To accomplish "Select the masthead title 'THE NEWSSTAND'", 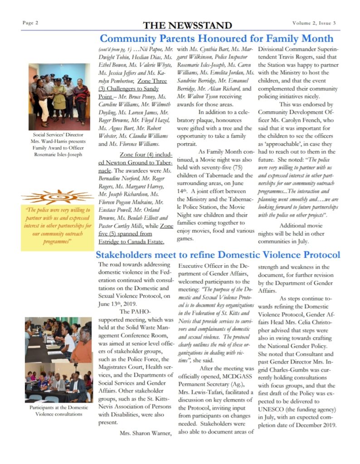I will pyautogui.click(x=187, y=25).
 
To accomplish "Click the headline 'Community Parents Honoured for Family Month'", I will pyautogui.click(x=216, y=39).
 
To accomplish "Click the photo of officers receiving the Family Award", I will pyautogui.click(x=59, y=97).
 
